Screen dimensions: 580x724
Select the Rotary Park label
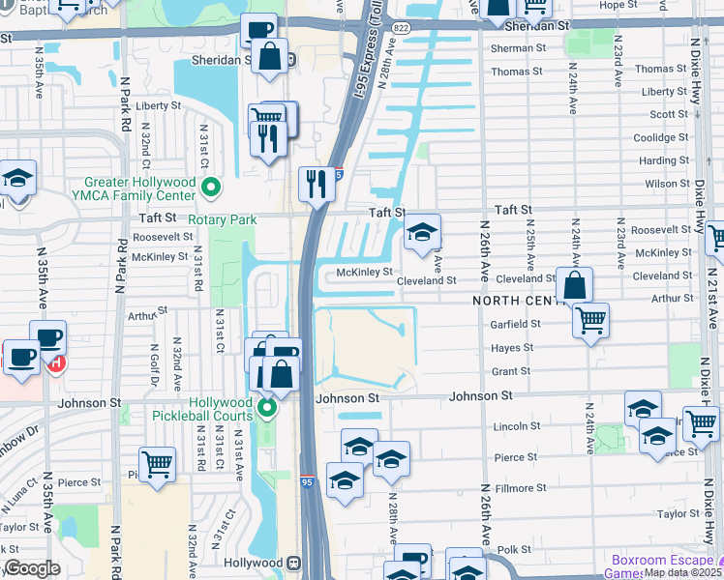pos(222,219)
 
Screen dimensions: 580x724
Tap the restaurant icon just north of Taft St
pos(317,184)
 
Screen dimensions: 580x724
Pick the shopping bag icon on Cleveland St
pos(574,285)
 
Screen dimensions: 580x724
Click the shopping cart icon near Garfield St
pos(589,319)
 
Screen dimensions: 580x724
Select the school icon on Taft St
pos(421,233)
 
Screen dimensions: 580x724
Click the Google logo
pos(32,568)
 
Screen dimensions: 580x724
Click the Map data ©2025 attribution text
pos(681,572)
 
